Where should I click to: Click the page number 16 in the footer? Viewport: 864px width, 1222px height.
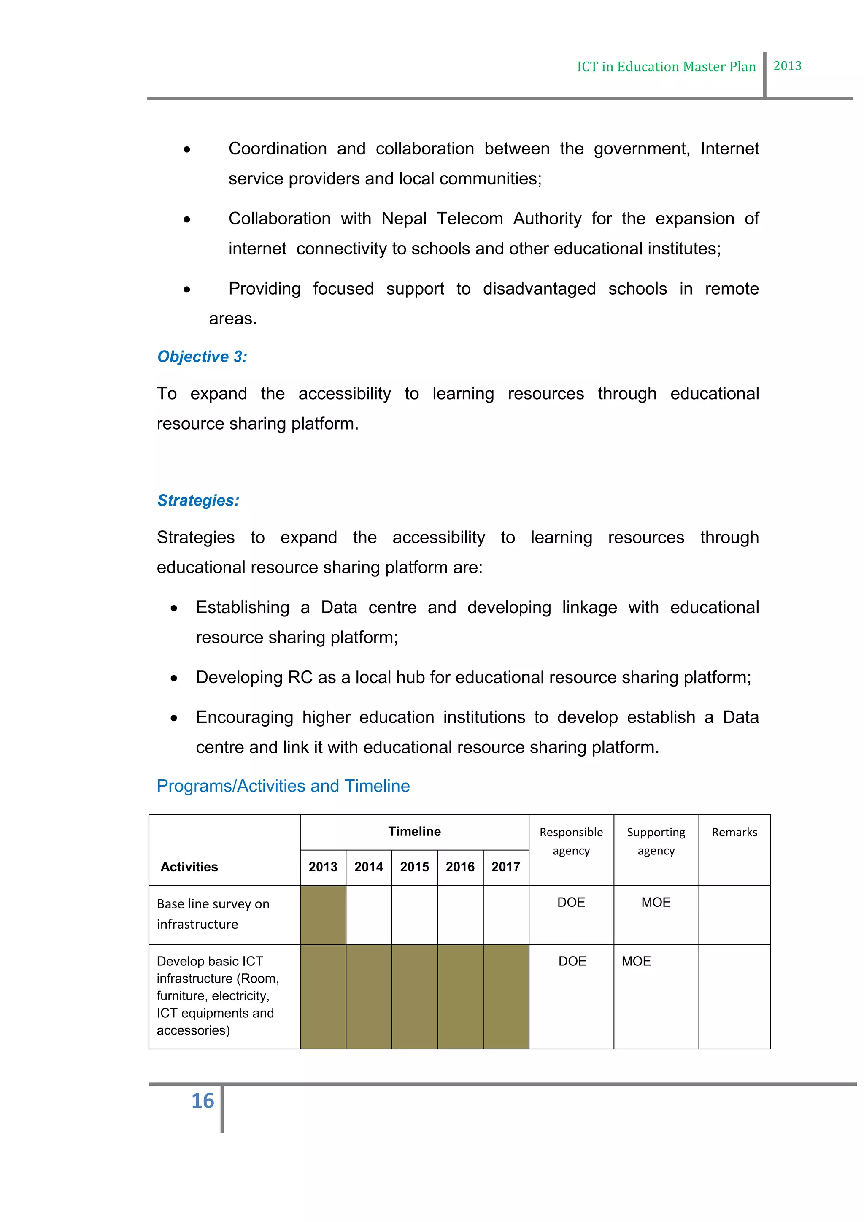tap(202, 1100)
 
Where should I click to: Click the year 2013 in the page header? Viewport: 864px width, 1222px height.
tap(787, 66)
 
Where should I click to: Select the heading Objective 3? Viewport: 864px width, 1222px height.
tap(202, 357)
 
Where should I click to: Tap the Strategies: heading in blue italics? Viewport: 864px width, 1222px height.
tap(198, 500)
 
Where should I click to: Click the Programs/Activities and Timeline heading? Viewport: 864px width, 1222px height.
tap(283, 786)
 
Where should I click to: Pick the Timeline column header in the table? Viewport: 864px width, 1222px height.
tap(414, 831)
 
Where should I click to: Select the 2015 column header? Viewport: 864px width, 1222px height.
tap(414, 867)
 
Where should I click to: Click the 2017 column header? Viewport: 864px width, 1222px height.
tap(505, 867)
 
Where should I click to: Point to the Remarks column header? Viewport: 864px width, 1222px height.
tap(734, 833)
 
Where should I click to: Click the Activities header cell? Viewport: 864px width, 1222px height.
tap(189, 867)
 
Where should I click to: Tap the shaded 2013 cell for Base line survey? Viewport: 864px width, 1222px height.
tap(323, 914)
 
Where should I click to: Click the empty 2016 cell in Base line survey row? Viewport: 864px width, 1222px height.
tap(460, 914)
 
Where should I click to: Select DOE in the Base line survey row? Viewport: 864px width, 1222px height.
tap(571, 902)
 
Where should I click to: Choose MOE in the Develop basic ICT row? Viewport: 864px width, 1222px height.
tap(636, 961)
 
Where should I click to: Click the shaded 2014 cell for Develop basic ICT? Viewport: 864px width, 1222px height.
tap(369, 996)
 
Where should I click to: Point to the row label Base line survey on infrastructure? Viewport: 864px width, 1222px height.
tap(213, 914)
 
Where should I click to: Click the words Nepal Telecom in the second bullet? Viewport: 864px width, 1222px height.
tap(442, 219)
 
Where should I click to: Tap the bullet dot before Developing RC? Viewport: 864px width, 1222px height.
tap(174, 678)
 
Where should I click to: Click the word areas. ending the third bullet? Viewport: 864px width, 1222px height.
tap(232, 319)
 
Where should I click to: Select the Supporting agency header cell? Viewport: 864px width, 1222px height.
tap(656, 841)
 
